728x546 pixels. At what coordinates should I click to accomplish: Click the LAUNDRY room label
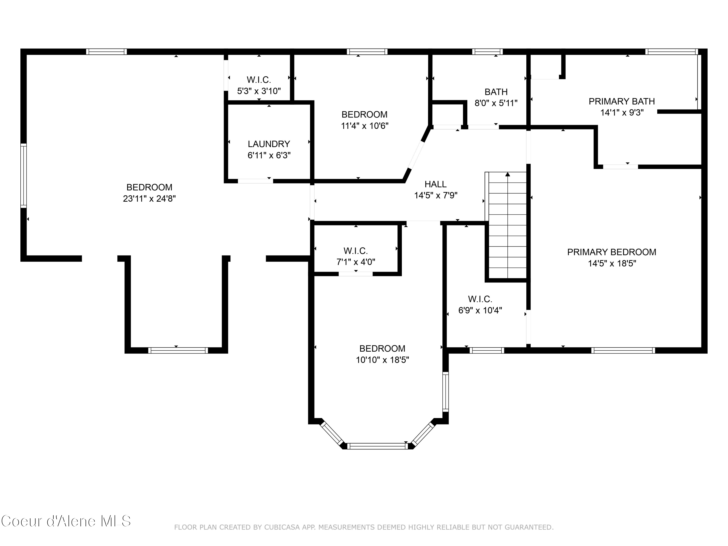(x=269, y=144)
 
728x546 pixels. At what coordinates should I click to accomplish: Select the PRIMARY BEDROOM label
(x=612, y=252)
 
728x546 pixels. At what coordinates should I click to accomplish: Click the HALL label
(x=435, y=184)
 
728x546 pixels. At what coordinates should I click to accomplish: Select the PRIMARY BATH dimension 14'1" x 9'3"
(x=622, y=113)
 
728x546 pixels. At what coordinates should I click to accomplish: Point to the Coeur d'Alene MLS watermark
(x=66, y=521)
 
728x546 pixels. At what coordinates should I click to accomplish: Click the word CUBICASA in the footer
(x=282, y=527)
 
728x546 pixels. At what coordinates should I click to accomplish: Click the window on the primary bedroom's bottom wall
(x=623, y=350)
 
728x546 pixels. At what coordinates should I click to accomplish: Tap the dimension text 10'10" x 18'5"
(x=382, y=360)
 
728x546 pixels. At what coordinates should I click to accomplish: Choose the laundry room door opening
(x=255, y=181)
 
